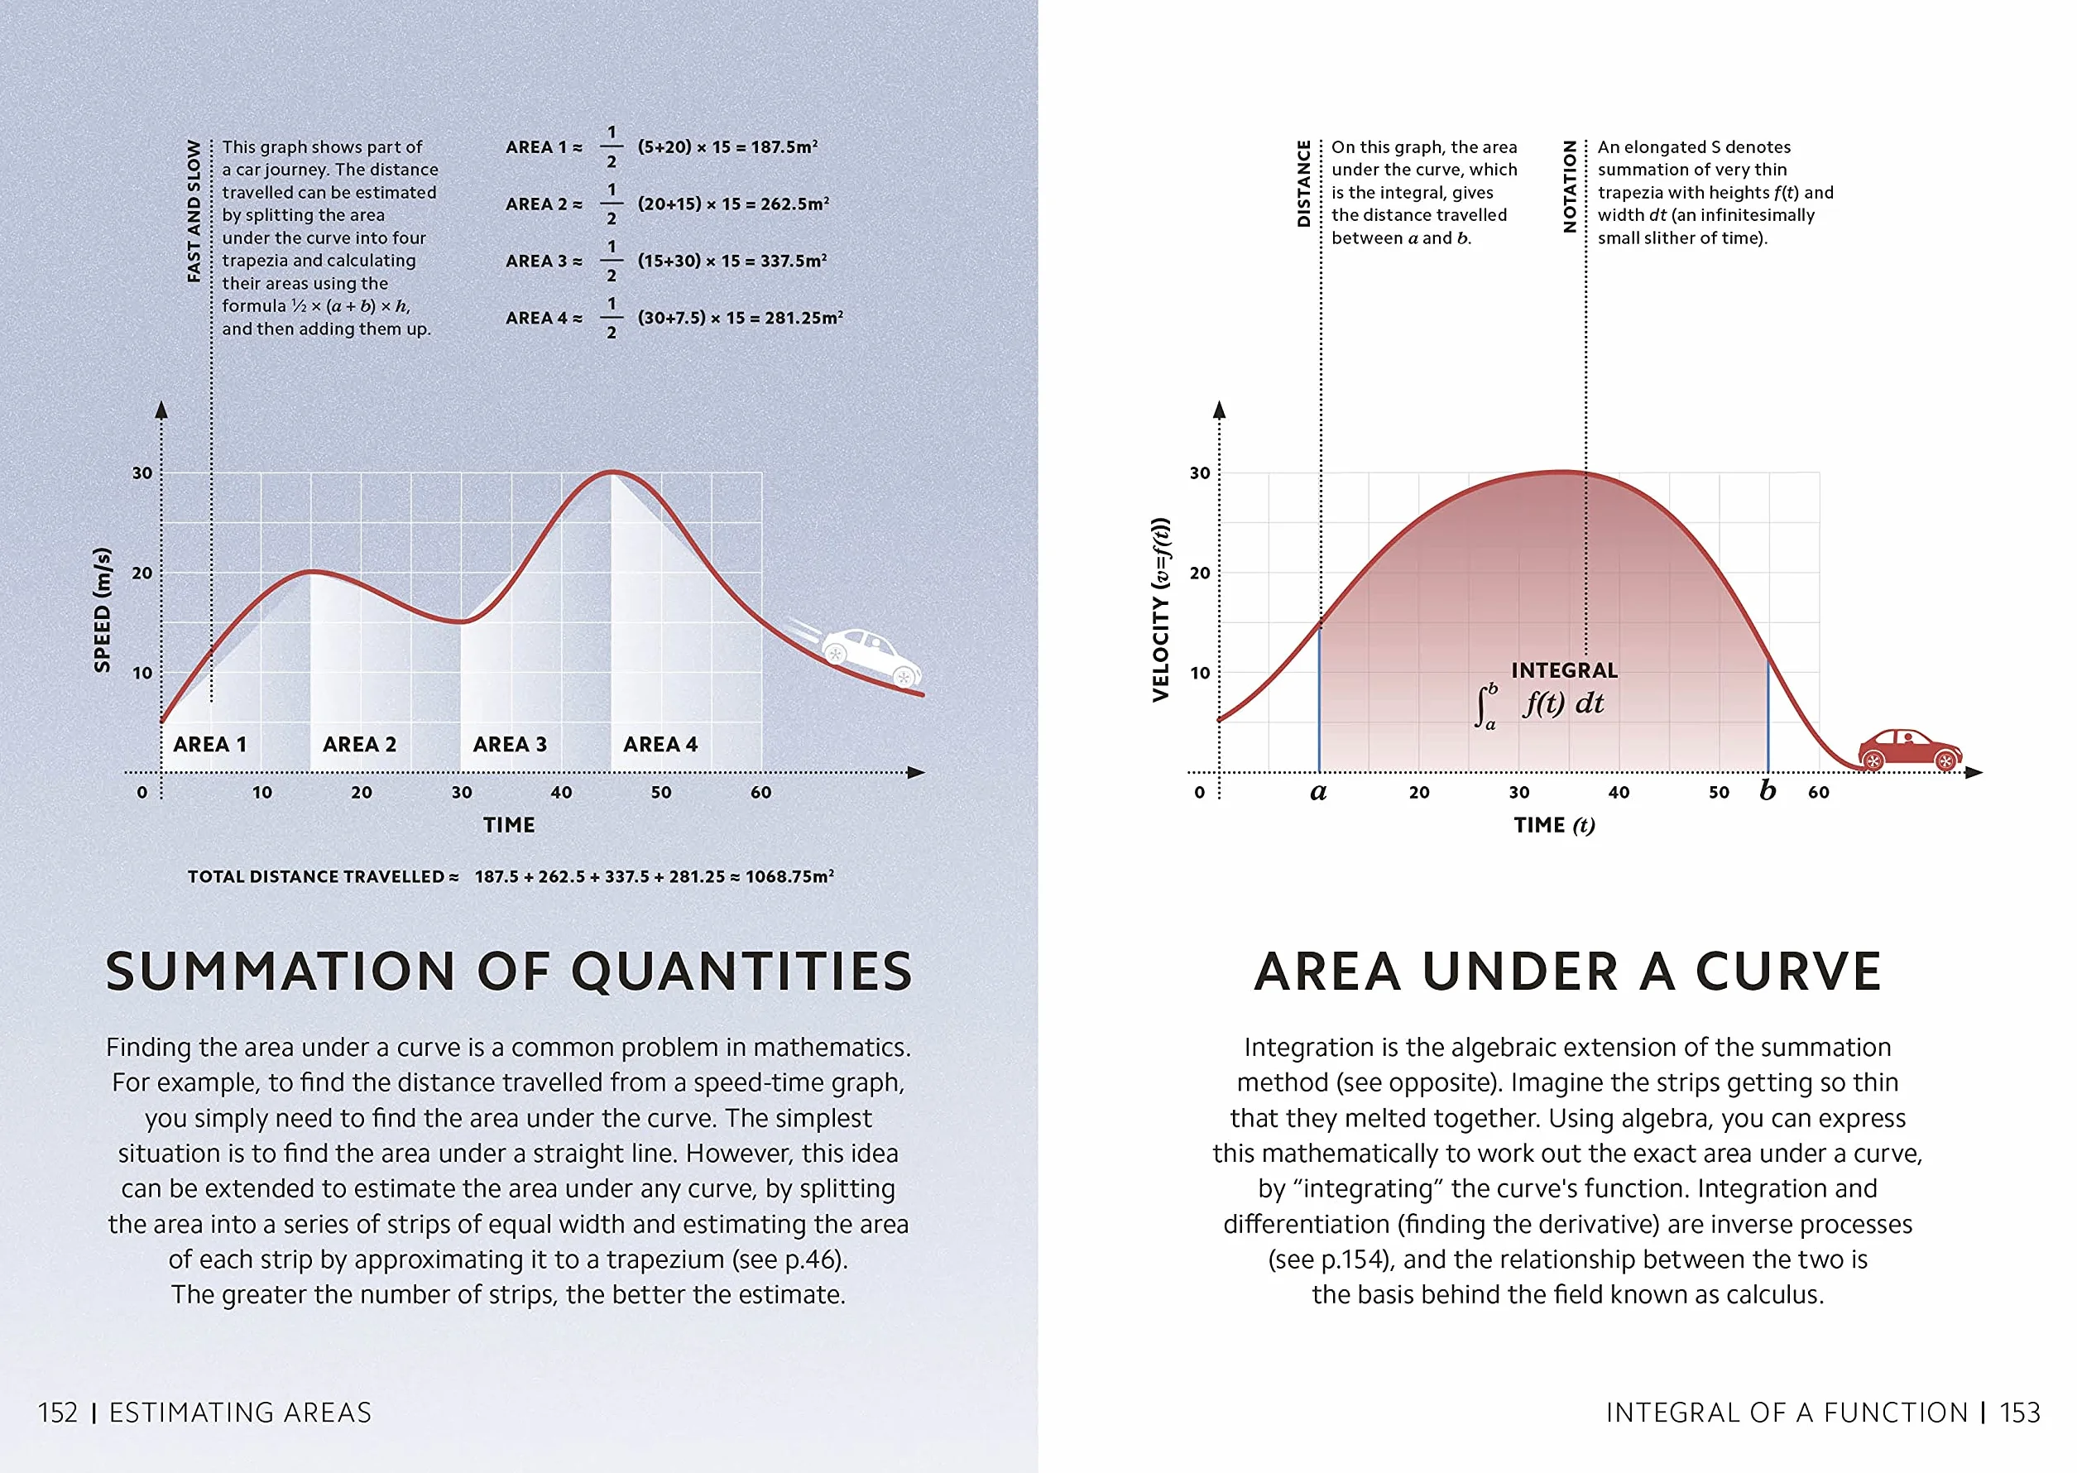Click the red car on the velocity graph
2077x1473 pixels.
pos(1909,749)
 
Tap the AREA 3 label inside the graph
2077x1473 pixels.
pos(510,745)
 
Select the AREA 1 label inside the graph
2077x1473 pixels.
pos(209,745)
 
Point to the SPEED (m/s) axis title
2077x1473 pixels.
pos(103,610)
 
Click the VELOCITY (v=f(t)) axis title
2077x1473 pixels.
pos(1160,610)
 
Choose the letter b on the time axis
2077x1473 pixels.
pos(1768,789)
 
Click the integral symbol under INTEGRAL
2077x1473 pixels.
pos(1484,707)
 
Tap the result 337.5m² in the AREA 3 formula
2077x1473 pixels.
pos(794,261)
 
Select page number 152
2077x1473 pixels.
pos(58,1413)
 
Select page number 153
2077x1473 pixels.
pos(2020,1413)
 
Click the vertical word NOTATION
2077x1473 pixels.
pos(1570,186)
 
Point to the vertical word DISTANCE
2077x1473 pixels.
pos(1304,183)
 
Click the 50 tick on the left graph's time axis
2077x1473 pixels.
pos(661,792)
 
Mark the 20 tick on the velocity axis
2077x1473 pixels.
pos(1200,573)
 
